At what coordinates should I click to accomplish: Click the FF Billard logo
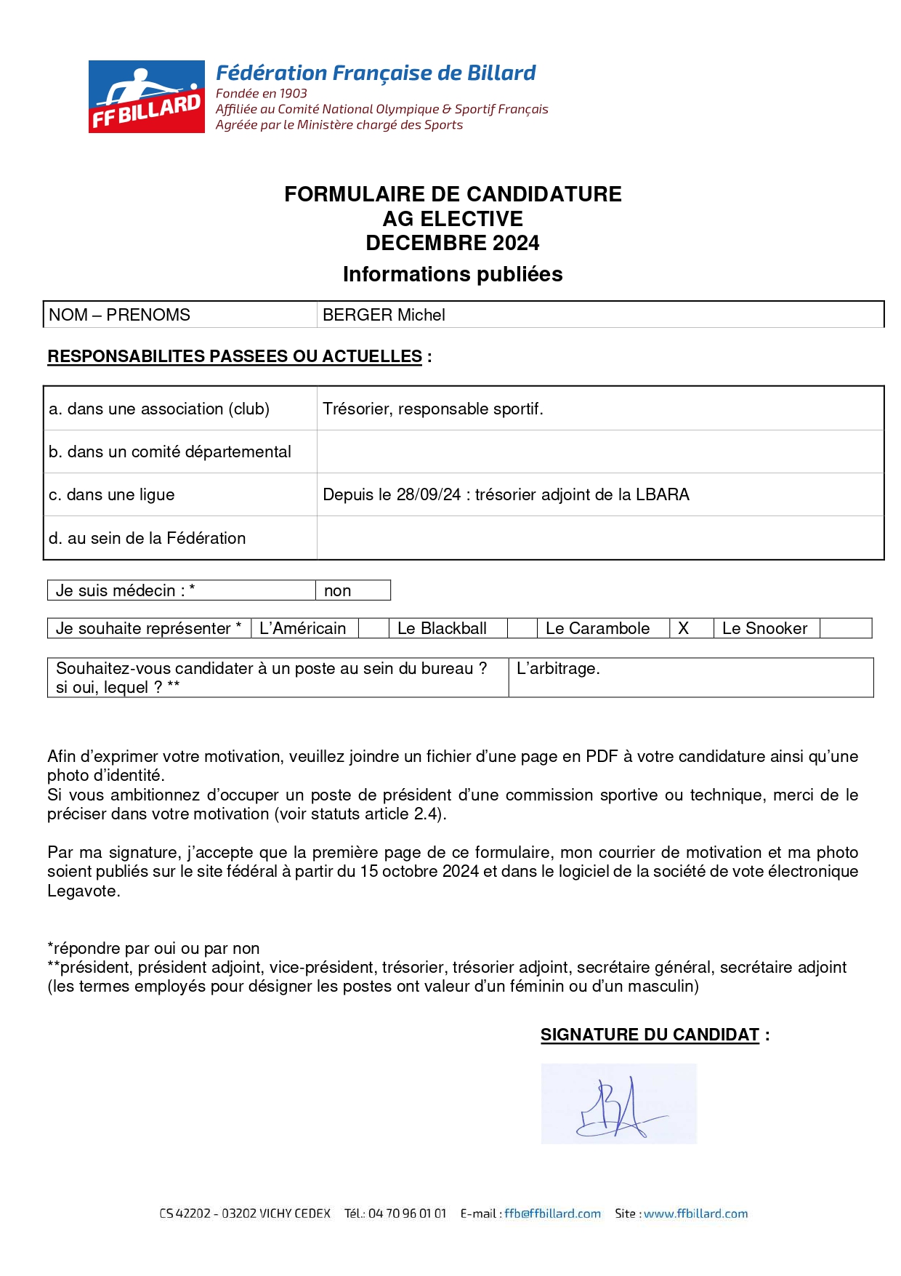point(147,97)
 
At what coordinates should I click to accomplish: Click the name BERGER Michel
point(384,315)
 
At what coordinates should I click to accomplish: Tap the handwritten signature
point(618,1104)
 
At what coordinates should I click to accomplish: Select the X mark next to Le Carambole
point(683,628)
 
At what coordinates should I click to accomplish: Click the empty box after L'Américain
point(373,628)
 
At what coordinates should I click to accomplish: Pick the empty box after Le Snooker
point(845,628)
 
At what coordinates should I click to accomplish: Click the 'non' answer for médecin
point(338,590)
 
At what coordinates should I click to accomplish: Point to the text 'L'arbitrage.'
point(558,668)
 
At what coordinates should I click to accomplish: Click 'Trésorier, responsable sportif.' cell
point(433,409)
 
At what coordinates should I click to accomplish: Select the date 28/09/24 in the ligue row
point(429,494)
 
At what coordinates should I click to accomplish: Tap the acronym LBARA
point(663,494)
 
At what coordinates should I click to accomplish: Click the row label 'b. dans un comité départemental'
point(170,452)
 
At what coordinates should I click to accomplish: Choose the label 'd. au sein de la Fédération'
point(148,538)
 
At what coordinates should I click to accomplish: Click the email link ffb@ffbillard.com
point(552,1213)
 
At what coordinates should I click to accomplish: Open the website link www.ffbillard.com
point(695,1213)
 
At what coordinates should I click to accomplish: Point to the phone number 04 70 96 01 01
point(407,1213)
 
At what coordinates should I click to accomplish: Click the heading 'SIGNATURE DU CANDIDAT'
point(650,1035)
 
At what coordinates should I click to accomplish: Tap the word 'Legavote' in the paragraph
point(82,891)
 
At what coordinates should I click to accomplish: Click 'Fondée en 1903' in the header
point(262,93)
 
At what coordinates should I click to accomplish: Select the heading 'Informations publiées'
point(453,274)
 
